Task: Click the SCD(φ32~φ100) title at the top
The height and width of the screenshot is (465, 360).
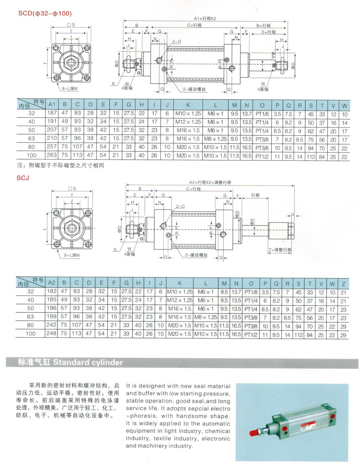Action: (x=45, y=13)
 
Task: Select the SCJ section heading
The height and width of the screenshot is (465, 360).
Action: (x=23, y=178)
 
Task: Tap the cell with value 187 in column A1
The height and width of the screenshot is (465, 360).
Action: (x=52, y=114)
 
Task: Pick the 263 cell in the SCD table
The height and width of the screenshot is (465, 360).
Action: (x=52, y=155)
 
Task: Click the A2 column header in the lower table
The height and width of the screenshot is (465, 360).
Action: (x=52, y=283)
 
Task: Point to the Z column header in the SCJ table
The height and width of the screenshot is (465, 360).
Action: (x=343, y=283)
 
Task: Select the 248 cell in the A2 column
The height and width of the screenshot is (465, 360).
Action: (x=51, y=334)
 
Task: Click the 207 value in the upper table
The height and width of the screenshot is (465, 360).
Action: (x=52, y=130)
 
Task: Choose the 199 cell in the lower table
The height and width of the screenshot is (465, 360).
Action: (x=51, y=317)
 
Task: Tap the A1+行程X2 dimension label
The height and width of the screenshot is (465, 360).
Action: (x=205, y=18)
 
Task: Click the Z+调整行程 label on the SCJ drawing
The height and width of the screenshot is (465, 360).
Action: (x=280, y=250)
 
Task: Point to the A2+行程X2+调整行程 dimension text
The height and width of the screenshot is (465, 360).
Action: (x=210, y=182)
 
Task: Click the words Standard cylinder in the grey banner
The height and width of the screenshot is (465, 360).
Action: (x=88, y=362)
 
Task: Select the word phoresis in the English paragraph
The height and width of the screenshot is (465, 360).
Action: (x=146, y=416)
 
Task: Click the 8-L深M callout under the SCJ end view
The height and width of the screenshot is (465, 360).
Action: (x=72, y=255)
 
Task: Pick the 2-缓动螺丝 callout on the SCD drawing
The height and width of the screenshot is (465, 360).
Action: (x=194, y=89)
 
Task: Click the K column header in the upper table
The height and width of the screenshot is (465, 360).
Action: (x=188, y=105)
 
